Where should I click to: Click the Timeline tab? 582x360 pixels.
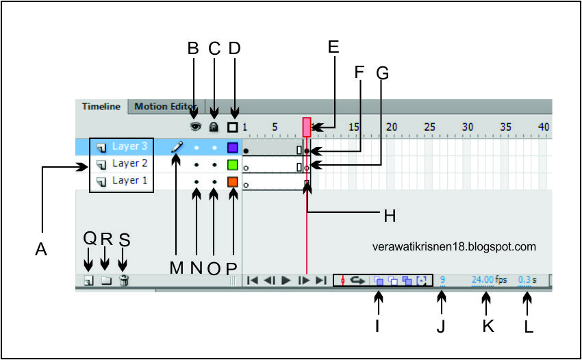click(101, 107)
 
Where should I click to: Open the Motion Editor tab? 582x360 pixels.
click(164, 107)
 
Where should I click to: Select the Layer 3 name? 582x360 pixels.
click(129, 146)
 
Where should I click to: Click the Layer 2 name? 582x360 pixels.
click(129, 164)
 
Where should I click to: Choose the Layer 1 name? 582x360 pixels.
click(129, 181)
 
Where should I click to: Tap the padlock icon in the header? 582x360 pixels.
click(214, 127)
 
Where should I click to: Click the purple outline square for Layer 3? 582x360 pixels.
click(233, 147)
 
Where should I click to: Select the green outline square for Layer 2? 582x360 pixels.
click(233, 165)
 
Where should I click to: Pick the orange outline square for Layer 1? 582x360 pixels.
click(233, 182)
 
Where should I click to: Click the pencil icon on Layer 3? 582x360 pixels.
click(177, 146)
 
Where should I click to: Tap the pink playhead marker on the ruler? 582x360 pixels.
click(307, 125)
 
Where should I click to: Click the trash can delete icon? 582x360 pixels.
click(123, 280)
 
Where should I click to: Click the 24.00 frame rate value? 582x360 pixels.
click(482, 280)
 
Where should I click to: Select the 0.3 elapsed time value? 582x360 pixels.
click(524, 280)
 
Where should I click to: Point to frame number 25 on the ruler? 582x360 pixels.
click(429, 127)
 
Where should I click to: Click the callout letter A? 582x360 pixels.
click(41, 251)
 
